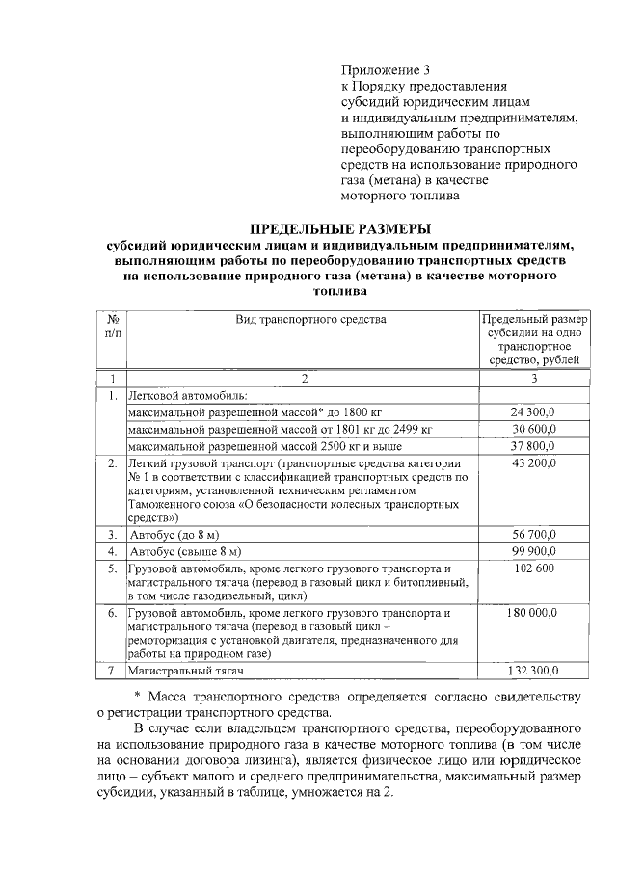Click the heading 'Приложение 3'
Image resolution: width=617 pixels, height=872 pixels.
point(385,70)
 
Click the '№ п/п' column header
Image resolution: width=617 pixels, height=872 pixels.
point(113,326)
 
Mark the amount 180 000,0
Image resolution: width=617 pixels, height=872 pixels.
point(533,612)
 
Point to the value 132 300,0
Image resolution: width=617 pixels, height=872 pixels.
point(533,672)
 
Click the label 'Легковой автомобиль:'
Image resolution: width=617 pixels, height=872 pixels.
point(187,395)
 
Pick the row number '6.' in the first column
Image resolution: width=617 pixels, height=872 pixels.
point(113,612)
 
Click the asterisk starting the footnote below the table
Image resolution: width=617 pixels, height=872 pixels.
point(137,696)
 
